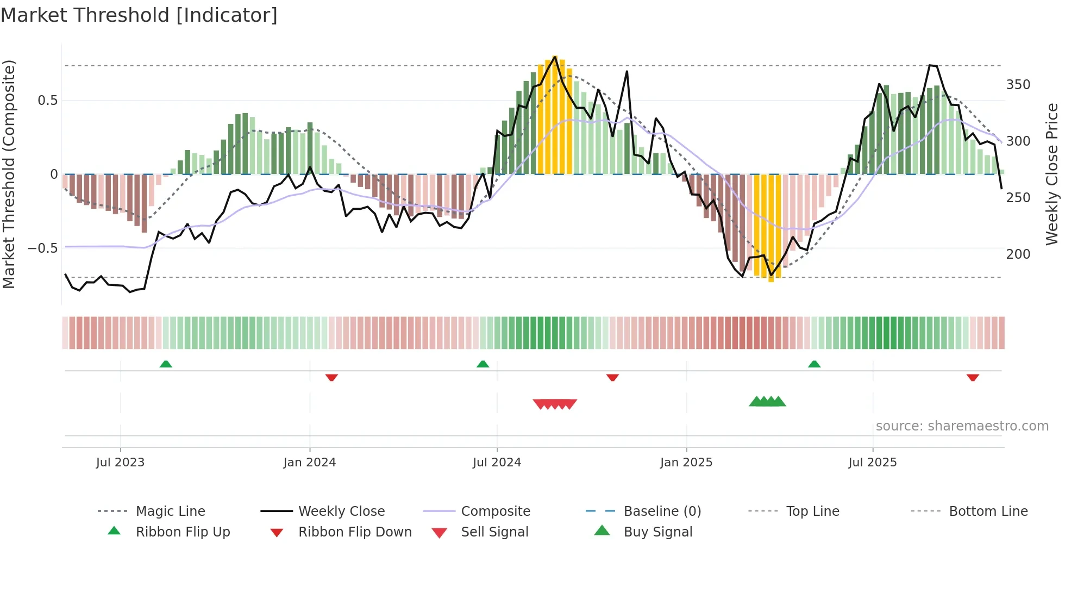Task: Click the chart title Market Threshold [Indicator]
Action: tap(139, 15)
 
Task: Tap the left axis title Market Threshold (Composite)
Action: tap(9, 174)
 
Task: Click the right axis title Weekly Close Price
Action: tap(1052, 174)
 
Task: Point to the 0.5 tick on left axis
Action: tap(47, 101)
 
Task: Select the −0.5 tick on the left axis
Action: tap(43, 248)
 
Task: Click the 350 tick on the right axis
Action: tap(1018, 85)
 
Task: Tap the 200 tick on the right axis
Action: tap(1018, 254)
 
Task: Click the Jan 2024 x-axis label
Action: tap(309, 463)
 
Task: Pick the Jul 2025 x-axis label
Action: tap(872, 463)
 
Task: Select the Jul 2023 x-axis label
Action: tap(120, 463)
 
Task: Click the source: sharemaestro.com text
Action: tap(962, 426)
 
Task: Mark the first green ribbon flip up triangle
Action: tap(166, 364)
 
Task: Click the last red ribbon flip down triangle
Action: tap(973, 377)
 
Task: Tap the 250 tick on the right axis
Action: tap(1018, 198)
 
